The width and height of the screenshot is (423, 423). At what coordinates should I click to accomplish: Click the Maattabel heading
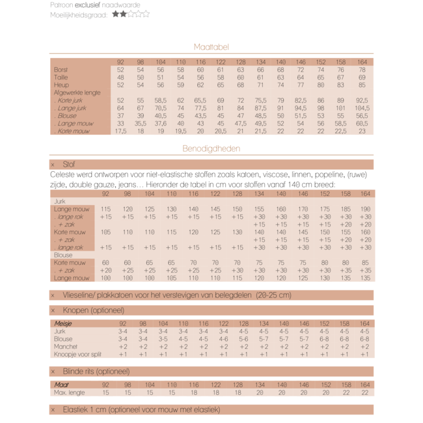click(x=211, y=47)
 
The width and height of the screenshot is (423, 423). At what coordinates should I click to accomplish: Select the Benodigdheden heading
click(x=211, y=148)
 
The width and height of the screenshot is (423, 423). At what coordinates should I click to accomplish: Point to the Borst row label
click(x=61, y=70)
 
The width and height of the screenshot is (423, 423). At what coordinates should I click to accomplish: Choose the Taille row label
click(x=61, y=77)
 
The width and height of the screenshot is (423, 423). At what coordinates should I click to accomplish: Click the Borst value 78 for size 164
click(x=362, y=70)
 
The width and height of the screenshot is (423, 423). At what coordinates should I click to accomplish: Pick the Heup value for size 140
click(x=281, y=85)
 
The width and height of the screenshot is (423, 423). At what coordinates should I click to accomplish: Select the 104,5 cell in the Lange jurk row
click(x=362, y=108)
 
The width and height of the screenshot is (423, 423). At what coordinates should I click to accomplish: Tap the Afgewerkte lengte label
click(x=77, y=93)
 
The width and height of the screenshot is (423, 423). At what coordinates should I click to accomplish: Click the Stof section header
click(x=69, y=165)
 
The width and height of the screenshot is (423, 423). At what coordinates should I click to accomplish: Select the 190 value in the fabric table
click(x=365, y=209)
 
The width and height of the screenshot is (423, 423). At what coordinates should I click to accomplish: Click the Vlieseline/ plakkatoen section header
click(x=176, y=295)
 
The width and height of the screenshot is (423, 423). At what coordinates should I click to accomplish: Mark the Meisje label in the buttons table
click(x=63, y=323)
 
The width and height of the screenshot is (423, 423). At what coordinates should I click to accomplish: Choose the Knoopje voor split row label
click(x=77, y=355)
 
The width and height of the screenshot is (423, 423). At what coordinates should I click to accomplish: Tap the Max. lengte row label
click(x=69, y=392)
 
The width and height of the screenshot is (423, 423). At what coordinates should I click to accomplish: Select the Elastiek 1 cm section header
click(x=141, y=410)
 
